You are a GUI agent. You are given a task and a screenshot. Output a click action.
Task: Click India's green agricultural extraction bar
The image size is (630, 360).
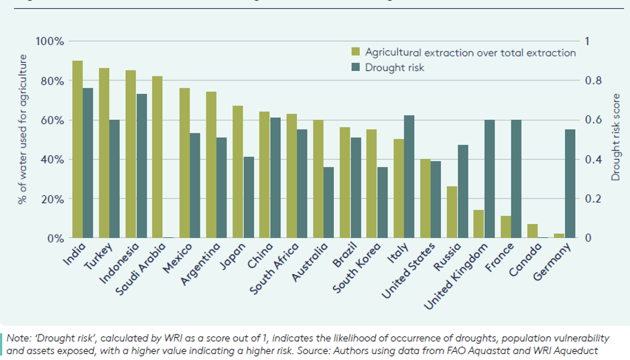[x=78, y=149]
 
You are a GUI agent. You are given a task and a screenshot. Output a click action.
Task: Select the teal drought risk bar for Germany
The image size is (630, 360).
[x=570, y=184]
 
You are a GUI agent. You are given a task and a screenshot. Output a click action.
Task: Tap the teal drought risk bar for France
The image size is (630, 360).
[x=517, y=179]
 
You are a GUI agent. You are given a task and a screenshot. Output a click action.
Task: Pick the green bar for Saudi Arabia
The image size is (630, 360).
[x=157, y=157]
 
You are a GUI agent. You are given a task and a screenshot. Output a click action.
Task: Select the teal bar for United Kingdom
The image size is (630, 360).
[x=490, y=179]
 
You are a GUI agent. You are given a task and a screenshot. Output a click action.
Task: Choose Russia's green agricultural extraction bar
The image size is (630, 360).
[x=452, y=212]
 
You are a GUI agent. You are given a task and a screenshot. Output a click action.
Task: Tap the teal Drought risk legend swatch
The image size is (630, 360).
[x=357, y=67]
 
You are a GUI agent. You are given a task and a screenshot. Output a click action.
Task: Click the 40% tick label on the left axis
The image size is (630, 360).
[x=52, y=160]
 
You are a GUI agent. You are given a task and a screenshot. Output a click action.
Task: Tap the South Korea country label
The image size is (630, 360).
[x=357, y=268]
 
